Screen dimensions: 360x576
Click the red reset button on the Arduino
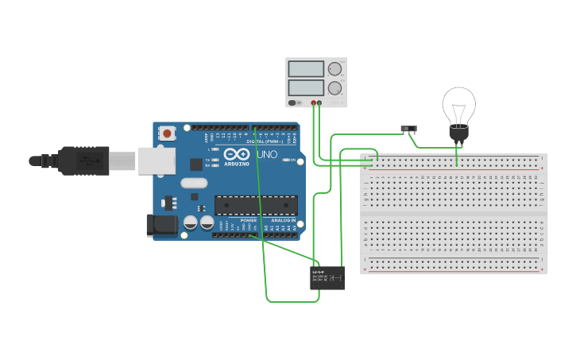(x=167, y=134)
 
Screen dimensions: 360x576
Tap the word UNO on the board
(x=268, y=155)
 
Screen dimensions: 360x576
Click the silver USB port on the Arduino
(x=157, y=160)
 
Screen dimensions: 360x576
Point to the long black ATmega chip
(x=256, y=205)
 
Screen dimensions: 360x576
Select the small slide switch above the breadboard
(x=408, y=129)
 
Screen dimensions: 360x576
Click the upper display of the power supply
(x=306, y=69)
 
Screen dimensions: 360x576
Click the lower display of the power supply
(x=306, y=87)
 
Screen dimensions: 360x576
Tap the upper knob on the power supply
(x=334, y=69)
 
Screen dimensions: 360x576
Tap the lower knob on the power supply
(x=334, y=87)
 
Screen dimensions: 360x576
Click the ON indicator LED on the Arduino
(x=286, y=160)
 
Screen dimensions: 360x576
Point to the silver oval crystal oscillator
(x=193, y=183)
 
